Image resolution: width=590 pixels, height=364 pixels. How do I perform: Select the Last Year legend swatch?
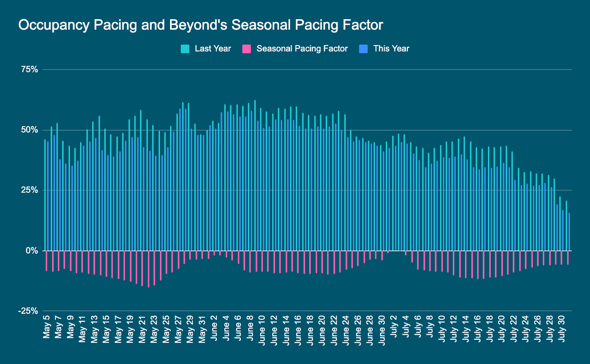pos(185,49)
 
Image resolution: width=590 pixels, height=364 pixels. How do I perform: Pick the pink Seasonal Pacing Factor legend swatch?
pos(247,49)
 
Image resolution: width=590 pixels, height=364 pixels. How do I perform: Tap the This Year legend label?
pos(391,49)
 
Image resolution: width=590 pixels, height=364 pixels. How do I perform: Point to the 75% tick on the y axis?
pos(29,69)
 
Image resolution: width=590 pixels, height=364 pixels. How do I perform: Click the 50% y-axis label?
pos(29,130)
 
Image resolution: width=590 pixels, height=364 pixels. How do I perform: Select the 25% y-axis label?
pos(29,190)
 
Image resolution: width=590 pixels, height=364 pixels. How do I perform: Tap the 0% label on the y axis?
pos(32,251)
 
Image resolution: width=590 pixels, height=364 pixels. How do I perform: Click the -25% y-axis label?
pos(28,311)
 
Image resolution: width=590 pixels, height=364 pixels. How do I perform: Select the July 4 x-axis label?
pos(406,326)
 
